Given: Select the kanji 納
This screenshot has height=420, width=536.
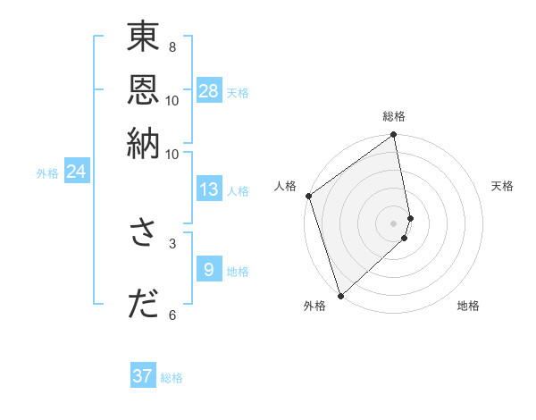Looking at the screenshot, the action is (143, 142).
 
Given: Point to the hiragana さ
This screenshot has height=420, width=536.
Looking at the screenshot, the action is (143, 232).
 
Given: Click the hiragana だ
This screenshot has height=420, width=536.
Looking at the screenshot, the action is (143, 304).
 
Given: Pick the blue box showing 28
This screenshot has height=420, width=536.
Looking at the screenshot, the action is (209, 90).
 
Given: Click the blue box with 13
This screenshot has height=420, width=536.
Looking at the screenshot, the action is (209, 189).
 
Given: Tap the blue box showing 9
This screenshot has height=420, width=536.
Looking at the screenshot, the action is (209, 269).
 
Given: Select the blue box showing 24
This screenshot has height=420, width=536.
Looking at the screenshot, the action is (76, 172).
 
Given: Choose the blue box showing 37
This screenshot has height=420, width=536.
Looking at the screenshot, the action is (143, 376).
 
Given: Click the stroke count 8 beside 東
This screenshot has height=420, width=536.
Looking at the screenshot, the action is (172, 46).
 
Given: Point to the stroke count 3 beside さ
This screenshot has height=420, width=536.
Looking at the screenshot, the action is (172, 242).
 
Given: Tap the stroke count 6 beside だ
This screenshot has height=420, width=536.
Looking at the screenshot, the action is (172, 315).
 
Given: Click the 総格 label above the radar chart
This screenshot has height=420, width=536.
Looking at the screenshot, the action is (394, 116).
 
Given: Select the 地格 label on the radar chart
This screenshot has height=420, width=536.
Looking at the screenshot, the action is (468, 306).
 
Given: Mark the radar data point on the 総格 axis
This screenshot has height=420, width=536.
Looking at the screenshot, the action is (394, 136).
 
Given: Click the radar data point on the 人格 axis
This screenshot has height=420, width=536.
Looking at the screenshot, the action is (308, 196).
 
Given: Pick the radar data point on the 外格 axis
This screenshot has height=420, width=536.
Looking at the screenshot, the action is (340, 296).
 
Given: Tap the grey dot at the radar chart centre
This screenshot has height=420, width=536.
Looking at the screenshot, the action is (394, 223).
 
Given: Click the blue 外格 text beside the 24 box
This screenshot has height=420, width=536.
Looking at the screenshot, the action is (47, 173).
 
